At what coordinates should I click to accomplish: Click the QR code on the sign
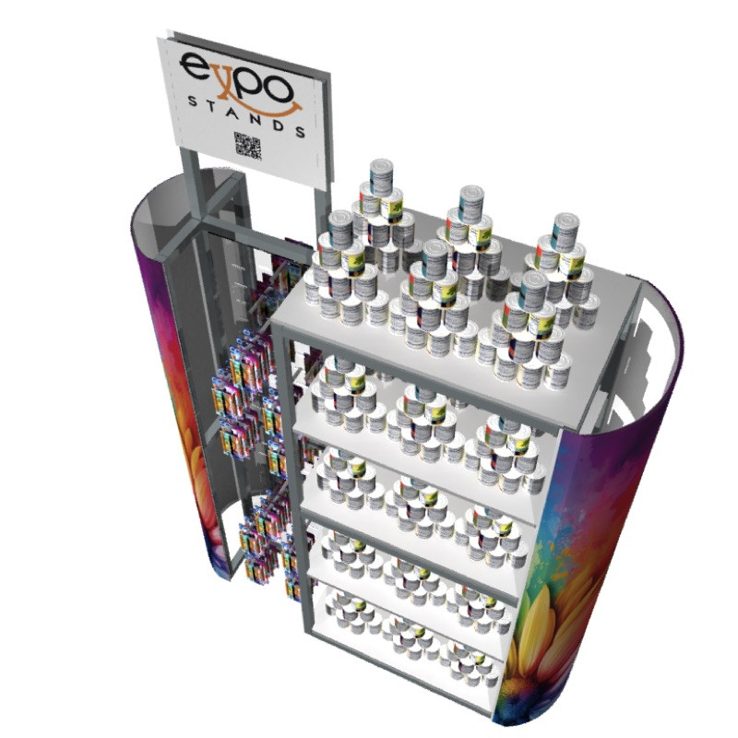tap(247, 146)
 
